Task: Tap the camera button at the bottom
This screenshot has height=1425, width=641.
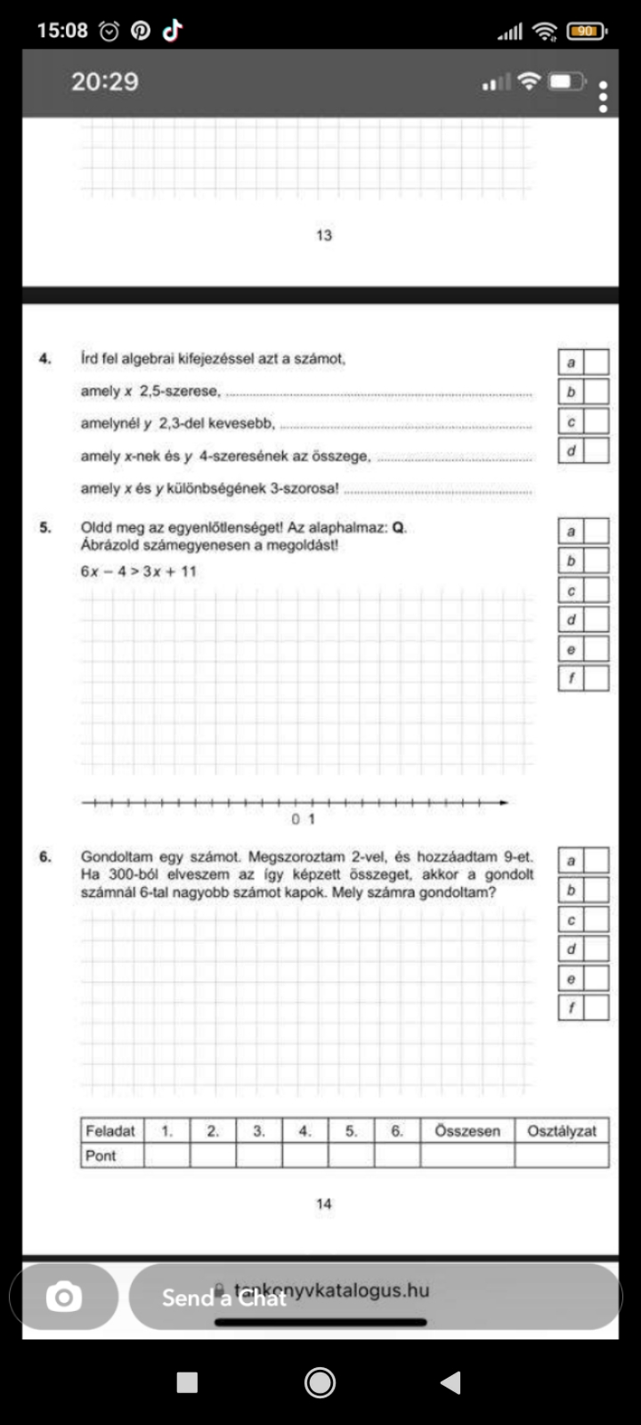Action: [x=63, y=1297]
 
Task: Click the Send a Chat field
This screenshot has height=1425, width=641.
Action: [x=374, y=1297]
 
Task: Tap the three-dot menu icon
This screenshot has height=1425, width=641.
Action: [x=604, y=97]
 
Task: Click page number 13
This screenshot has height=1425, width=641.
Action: [x=323, y=235]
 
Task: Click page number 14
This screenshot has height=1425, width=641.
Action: [x=323, y=1203]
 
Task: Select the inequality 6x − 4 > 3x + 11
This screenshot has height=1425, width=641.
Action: [x=138, y=571]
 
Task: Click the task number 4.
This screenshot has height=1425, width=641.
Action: [x=45, y=359]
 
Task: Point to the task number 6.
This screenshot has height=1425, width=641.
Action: [x=45, y=857]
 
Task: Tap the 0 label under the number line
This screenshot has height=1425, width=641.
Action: [x=296, y=818]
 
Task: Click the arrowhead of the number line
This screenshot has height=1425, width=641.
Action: [x=504, y=802]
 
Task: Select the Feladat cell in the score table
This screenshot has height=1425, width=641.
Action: [x=110, y=1131]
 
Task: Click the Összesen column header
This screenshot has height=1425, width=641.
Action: [x=467, y=1131]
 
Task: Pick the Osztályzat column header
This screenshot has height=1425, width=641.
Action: [x=562, y=1131]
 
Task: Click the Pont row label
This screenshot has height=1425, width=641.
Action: [x=101, y=1155]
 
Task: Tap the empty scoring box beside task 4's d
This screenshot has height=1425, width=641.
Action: [x=596, y=451]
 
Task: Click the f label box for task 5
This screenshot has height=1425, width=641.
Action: [x=571, y=679]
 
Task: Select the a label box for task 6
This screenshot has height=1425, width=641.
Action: [x=571, y=860]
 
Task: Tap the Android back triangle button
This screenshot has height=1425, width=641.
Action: [x=450, y=1382]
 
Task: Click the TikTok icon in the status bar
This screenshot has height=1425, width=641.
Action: [x=172, y=31]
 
